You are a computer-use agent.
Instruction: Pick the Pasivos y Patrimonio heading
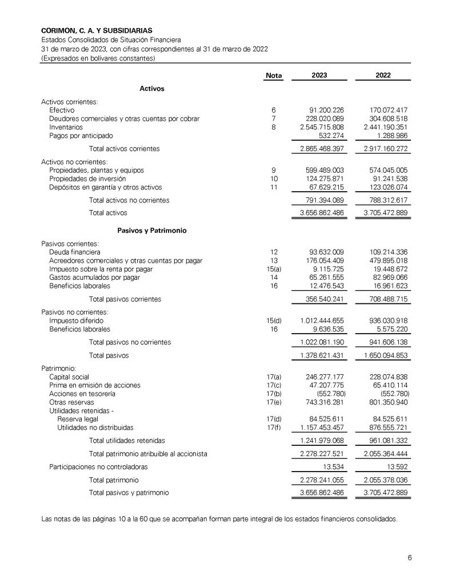tap(152, 231)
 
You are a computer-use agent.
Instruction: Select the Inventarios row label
tap(66, 127)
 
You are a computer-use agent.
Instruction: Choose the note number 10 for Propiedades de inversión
tap(274, 179)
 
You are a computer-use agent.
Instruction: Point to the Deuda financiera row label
tap(75, 252)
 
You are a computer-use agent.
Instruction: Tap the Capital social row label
tap(69, 377)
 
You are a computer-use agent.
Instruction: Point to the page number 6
tap(410, 558)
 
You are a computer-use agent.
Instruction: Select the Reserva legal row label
tap(77, 419)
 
